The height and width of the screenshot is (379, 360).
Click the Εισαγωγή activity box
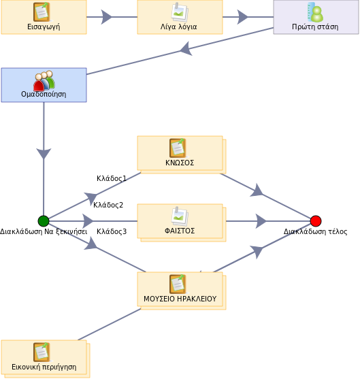[x=44, y=17]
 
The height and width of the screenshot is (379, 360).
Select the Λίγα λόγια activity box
[x=180, y=17]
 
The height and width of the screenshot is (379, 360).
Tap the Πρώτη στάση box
[x=316, y=17]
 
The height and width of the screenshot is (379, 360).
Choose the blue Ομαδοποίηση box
[x=44, y=85]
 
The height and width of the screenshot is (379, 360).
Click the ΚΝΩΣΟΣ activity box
[x=182, y=154]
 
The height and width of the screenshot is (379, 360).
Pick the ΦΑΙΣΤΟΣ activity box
[x=182, y=223]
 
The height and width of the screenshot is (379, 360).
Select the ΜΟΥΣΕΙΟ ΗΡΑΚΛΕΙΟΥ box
[x=182, y=291]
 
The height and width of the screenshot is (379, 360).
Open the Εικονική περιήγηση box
[x=46, y=359]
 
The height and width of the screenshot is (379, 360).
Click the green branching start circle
[x=44, y=221]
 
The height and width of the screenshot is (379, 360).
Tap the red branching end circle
[x=316, y=221]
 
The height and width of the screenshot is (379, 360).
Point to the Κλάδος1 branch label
[x=112, y=178]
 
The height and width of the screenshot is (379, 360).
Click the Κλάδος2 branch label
[x=108, y=205]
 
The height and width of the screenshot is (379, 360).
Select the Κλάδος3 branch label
[x=112, y=231]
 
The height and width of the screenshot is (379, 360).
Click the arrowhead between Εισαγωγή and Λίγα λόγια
[x=106, y=17]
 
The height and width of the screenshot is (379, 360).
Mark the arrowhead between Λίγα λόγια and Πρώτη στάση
[x=242, y=17]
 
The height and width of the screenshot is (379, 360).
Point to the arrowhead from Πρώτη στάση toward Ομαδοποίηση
[x=186, y=49]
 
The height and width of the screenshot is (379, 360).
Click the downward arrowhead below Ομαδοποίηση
[x=44, y=154]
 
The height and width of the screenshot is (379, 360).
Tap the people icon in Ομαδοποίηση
[x=44, y=80]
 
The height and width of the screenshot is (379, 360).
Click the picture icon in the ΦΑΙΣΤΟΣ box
[x=180, y=215]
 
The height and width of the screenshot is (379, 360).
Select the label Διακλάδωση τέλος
[x=316, y=231]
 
